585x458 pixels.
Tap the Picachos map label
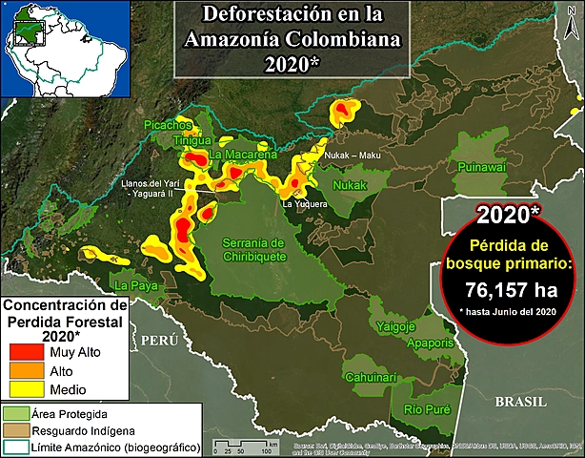point(169,125)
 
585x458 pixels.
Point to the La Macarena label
point(243,155)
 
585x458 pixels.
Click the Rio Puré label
point(426,409)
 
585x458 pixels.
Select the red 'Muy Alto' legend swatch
point(25,353)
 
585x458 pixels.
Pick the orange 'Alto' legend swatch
point(25,371)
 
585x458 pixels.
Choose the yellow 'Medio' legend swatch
point(25,389)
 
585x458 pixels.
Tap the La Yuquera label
point(305,203)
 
